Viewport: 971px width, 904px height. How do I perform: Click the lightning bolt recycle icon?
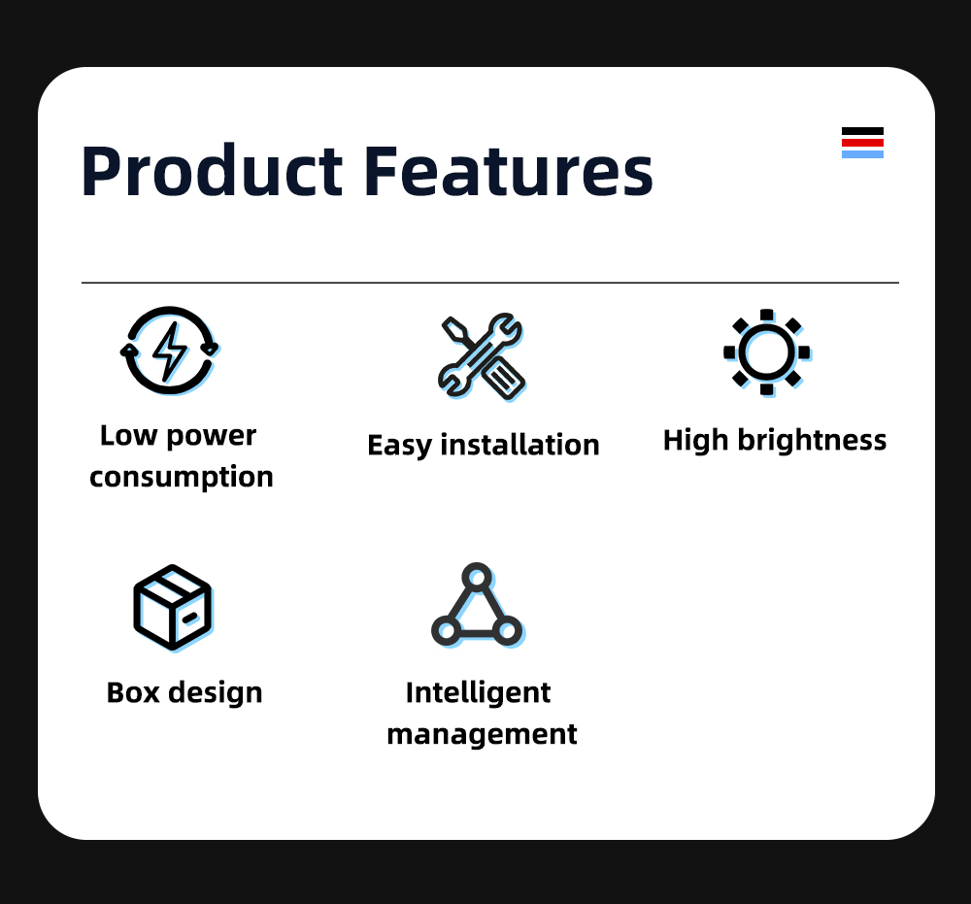pyautogui.click(x=169, y=351)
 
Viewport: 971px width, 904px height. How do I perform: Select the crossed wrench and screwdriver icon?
pyautogui.click(x=482, y=356)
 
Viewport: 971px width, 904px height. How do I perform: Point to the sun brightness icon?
pyautogui.click(x=767, y=352)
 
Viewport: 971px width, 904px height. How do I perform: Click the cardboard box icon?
pyautogui.click(x=174, y=608)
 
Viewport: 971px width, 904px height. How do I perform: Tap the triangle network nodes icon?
pyautogui.click(x=478, y=606)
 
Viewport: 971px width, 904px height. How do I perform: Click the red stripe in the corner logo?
pyautogui.click(x=862, y=143)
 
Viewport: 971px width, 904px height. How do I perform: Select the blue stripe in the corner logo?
pyautogui.click(x=862, y=154)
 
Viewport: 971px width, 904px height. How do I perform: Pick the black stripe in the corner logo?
pyautogui.click(x=862, y=131)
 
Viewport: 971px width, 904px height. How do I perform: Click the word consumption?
pyautogui.click(x=182, y=478)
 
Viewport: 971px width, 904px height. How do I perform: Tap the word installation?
pyautogui.click(x=519, y=445)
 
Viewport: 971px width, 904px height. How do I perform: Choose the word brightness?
pyautogui.click(x=812, y=440)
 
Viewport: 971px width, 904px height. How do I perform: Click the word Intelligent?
pyautogui.click(x=478, y=693)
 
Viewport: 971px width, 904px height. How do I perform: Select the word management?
pyautogui.click(x=482, y=735)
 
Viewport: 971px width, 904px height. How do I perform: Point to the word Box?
pyautogui.click(x=133, y=692)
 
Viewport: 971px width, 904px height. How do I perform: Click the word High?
pyautogui.click(x=695, y=441)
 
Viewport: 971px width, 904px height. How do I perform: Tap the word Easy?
pyautogui.click(x=399, y=446)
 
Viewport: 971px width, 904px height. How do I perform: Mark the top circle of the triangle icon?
pyautogui.click(x=477, y=578)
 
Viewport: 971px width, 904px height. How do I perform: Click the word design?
pyautogui.click(x=216, y=693)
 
